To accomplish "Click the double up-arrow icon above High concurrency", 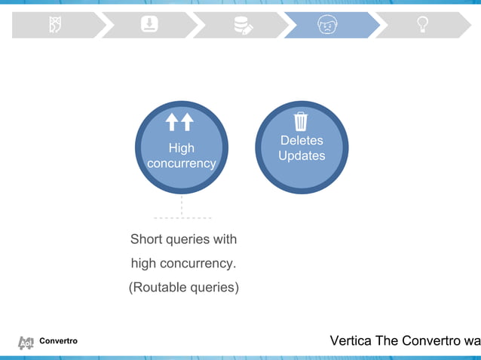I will tap(180, 122).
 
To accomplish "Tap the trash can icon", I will tap(301, 121).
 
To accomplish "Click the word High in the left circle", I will tap(181, 148).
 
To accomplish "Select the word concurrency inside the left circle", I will tap(181, 163).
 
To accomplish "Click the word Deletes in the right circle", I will tap(302, 140).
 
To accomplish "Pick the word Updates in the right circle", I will tap(302, 156).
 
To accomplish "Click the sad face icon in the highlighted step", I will tap(326, 25).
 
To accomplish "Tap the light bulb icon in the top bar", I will tap(424, 25).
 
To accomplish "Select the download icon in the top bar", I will tap(150, 25).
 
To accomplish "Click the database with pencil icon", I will tap(243, 25).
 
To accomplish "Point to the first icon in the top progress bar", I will tap(55, 25).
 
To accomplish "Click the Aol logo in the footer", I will tap(26, 343).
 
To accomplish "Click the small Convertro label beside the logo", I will tap(58, 342).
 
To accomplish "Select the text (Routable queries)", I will tap(184, 287).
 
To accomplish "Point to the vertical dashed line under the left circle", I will tap(182, 205).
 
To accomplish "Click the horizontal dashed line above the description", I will tap(182, 218).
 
